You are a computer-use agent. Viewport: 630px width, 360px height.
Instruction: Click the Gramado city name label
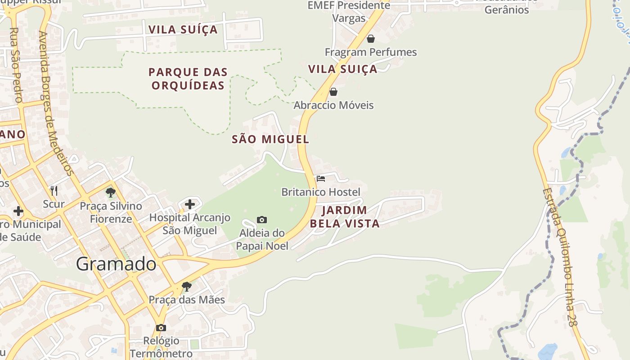[x=116, y=264]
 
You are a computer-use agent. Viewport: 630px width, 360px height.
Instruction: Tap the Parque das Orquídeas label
[x=188, y=79]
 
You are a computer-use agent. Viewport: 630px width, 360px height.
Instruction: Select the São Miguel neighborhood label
[x=270, y=139]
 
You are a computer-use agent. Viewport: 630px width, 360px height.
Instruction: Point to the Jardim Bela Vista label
[x=345, y=216]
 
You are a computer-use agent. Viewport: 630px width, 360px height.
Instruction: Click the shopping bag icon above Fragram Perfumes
[x=371, y=39]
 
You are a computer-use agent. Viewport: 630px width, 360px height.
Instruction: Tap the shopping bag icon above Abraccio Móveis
[x=333, y=92]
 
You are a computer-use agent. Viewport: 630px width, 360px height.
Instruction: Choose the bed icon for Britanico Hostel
[x=321, y=179]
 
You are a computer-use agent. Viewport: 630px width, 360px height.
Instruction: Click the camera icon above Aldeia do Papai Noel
[x=262, y=220]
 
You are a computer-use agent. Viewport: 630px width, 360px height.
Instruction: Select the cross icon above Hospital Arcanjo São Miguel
[x=190, y=204]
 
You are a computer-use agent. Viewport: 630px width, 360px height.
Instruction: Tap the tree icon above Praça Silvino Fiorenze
[x=110, y=193]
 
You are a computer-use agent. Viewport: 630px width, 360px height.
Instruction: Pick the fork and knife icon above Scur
[x=54, y=191]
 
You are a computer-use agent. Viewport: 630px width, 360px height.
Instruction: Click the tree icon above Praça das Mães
[x=187, y=286]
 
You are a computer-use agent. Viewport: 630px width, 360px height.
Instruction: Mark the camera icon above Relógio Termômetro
[x=161, y=328]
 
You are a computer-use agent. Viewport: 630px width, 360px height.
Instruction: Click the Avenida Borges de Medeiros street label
[x=56, y=103]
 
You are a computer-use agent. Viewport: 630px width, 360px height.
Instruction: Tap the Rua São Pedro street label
[x=16, y=65]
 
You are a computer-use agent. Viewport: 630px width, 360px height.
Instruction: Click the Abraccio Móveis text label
[x=333, y=105]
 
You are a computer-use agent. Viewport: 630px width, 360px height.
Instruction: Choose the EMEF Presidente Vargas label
[x=349, y=12]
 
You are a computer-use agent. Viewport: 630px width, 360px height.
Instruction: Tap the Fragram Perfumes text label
[x=371, y=52]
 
